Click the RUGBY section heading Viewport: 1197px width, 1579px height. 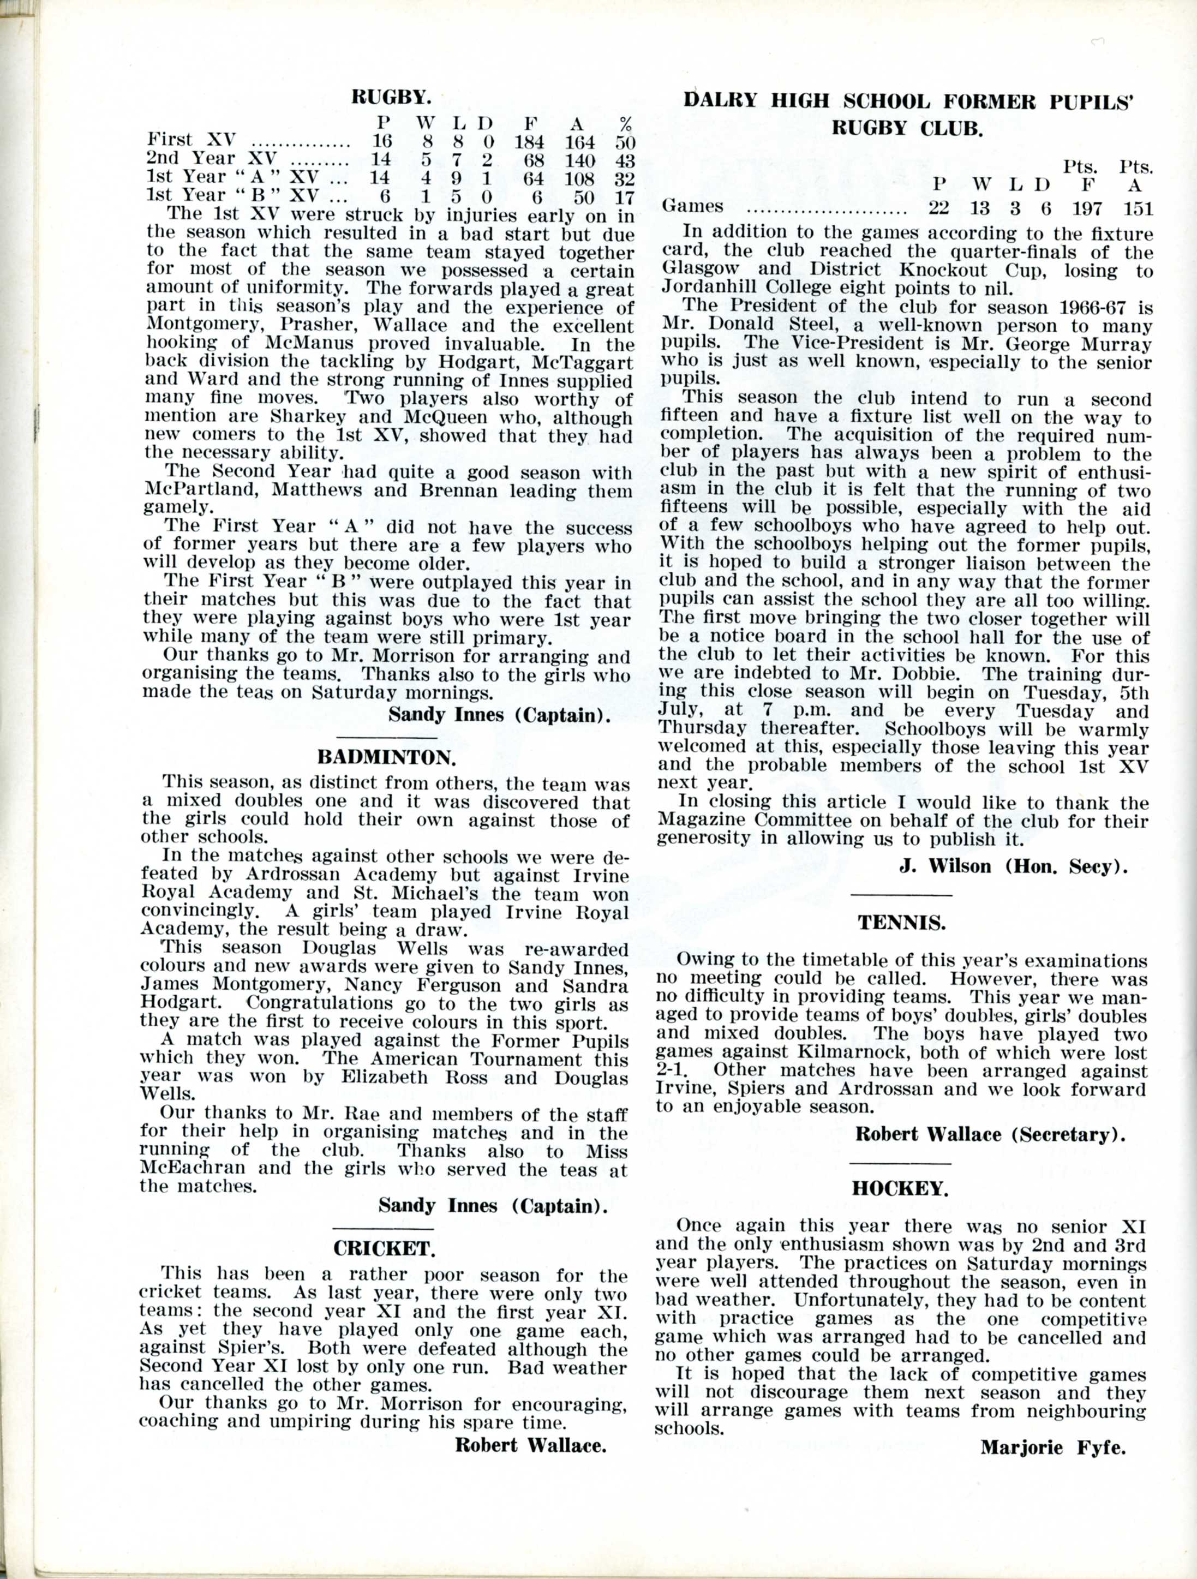(x=391, y=97)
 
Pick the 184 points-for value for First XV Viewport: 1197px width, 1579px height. (x=530, y=141)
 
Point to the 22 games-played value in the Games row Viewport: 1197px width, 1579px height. (x=939, y=208)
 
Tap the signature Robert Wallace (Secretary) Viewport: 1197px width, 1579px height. (x=990, y=1134)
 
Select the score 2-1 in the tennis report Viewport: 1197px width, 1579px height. (x=672, y=1070)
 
